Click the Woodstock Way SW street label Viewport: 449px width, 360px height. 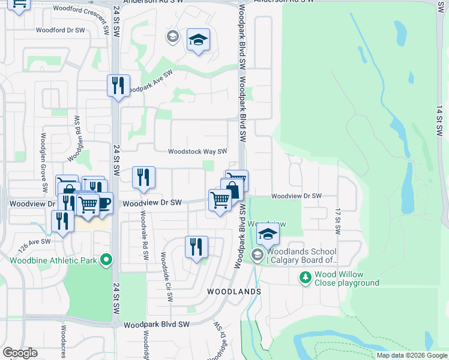point(197,152)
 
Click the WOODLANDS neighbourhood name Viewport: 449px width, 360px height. point(234,291)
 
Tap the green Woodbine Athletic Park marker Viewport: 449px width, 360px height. point(107,260)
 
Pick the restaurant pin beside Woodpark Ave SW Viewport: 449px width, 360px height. point(118,85)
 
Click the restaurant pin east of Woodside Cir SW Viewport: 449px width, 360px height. point(196,247)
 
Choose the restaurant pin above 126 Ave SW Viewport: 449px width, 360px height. point(62,220)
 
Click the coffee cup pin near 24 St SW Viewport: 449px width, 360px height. point(103,203)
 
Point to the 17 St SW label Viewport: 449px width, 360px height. point(337,222)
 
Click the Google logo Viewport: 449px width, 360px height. point(20,353)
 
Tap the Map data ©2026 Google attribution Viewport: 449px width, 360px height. point(412,355)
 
